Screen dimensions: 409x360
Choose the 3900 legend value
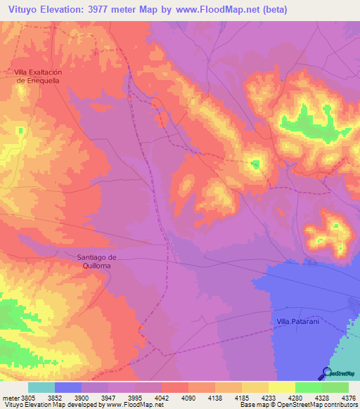[82, 397]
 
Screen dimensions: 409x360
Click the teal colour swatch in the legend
[41, 387]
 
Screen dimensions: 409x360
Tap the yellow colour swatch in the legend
[281, 387]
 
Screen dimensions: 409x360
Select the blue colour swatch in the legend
[67, 387]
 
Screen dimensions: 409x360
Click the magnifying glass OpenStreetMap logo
[326, 373]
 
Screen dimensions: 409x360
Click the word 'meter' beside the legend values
[11, 397]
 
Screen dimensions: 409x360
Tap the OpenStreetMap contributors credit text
[323, 405]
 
